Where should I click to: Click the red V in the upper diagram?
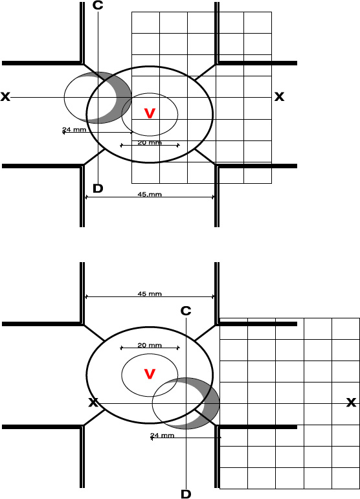tap(150, 113)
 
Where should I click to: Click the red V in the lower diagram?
tap(150, 374)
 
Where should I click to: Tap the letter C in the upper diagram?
tap(98, 5)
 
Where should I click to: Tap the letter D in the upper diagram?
tap(98, 188)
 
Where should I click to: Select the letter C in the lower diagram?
tap(186, 311)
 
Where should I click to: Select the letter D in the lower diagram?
tap(186, 494)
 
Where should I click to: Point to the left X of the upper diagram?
tap(5, 96)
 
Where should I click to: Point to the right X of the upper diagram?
tap(279, 96)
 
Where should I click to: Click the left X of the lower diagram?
tap(93, 403)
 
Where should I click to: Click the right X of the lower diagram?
tap(351, 403)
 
